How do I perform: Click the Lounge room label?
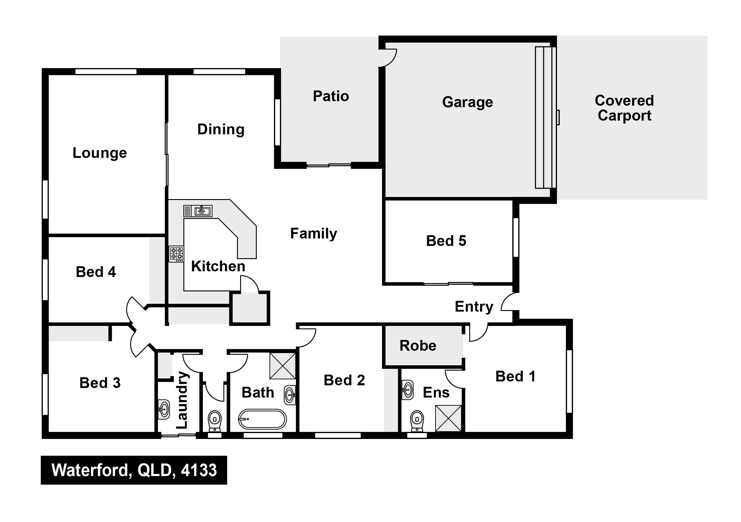point(100,153)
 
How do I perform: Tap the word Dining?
point(221,130)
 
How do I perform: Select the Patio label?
point(331,96)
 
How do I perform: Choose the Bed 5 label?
point(446,241)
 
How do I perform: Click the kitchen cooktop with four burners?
point(176,254)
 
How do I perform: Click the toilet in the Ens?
point(417,421)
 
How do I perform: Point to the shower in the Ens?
point(448,418)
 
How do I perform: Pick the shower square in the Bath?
point(283,366)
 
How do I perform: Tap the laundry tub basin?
point(164,409)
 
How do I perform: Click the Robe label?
point(418,346)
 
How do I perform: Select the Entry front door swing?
point(510,302)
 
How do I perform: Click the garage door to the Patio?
point(387,58)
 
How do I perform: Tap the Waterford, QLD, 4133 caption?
point(134,470)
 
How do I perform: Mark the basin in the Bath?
point(290,395)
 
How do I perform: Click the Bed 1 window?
point(569,381)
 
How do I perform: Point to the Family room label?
point(313,233)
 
